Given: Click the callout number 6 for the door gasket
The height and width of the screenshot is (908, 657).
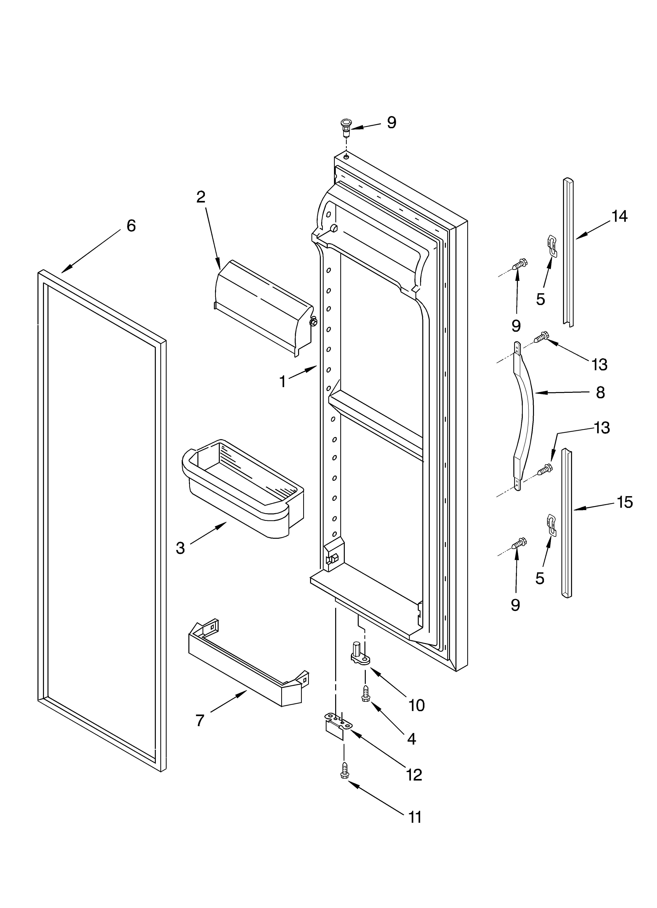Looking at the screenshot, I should (x=131, y=226).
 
